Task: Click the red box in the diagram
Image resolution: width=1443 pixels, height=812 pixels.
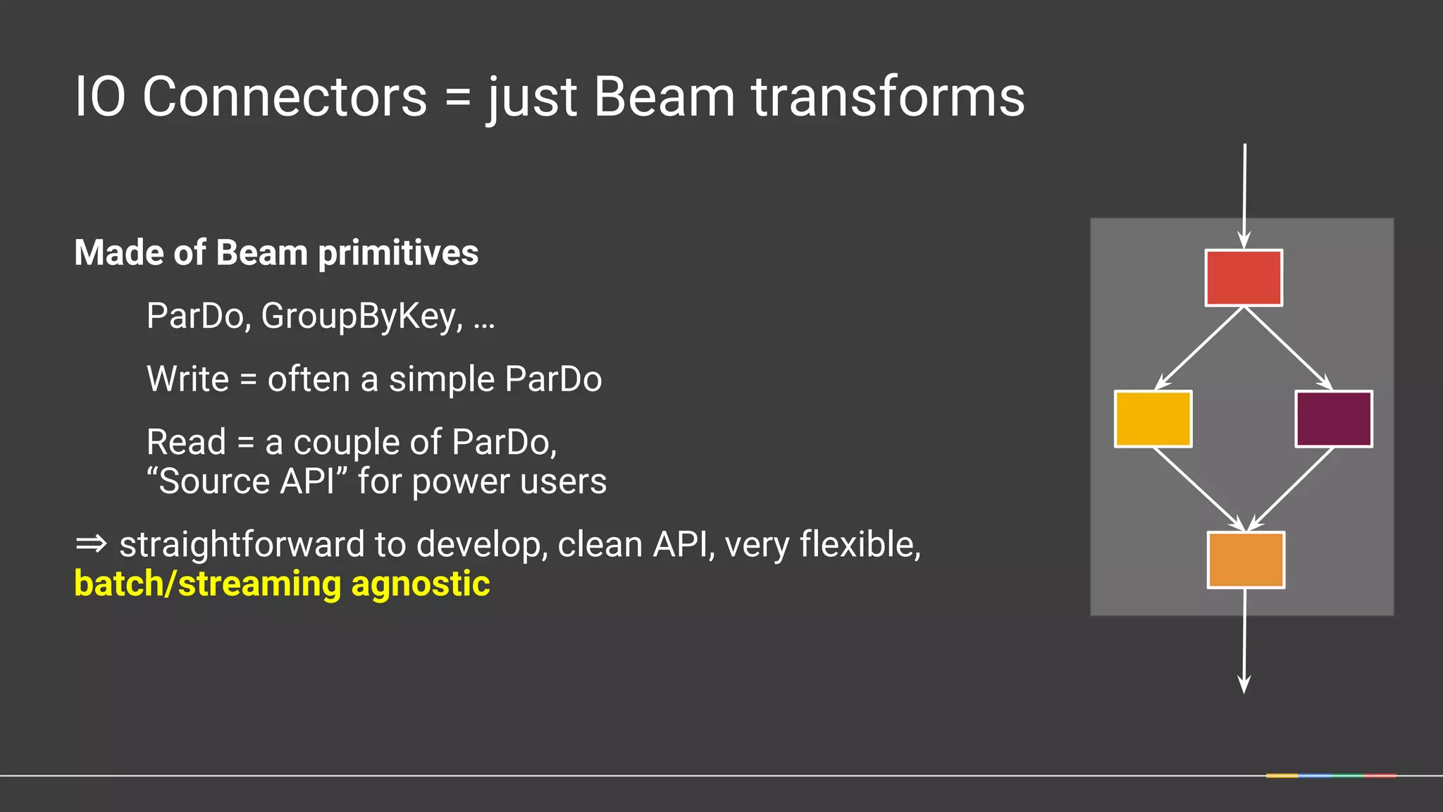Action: click(x=1244, y=278)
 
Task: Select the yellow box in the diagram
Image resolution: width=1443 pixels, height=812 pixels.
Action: click(x=1153, y=419)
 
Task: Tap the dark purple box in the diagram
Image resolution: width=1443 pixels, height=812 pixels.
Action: click(x=1333, y=419)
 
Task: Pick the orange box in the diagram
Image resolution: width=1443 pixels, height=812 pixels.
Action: click(x=1246, y=560)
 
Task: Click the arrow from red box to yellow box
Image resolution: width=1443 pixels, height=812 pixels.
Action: click(x=1199, y=348)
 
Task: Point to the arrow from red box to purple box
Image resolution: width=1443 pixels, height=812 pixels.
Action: click(x=1288, y=348)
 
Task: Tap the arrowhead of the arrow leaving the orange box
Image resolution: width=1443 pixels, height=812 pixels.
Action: click(x=1244, y=684)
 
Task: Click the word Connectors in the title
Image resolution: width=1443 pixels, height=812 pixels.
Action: click(x=285, y=97)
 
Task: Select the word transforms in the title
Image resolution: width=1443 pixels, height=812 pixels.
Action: click(x=888, y=97)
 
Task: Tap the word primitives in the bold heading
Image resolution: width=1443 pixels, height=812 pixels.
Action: click(x=398, y=253)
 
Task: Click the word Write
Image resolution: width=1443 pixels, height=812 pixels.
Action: click(x=187, y=379)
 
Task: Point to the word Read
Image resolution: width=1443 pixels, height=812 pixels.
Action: click(x=186, y=443)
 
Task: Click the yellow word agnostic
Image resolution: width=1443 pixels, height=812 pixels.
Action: click(x=420, y=584)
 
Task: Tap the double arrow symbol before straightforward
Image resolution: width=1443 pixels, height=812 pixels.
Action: click(x=91, y=544)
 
